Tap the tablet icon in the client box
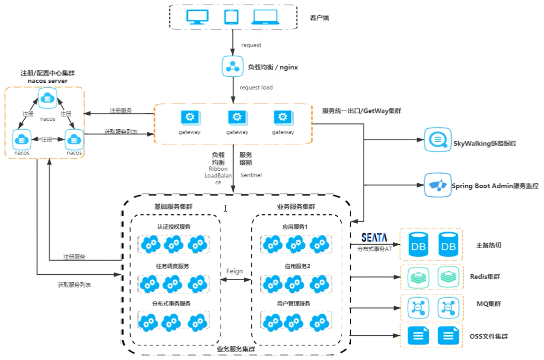[x=231, y=17]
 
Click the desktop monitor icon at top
[x=198, y=17]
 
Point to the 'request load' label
[x=256, y=87]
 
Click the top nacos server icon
[x=47, y=98]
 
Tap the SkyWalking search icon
[x=437, y=139]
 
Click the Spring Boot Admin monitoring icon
[x=437, y=185]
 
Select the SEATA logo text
[x=374, y=238]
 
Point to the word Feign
[x=234, y=271]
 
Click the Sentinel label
[x=251, y=175]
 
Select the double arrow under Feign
[x=235, y=280]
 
